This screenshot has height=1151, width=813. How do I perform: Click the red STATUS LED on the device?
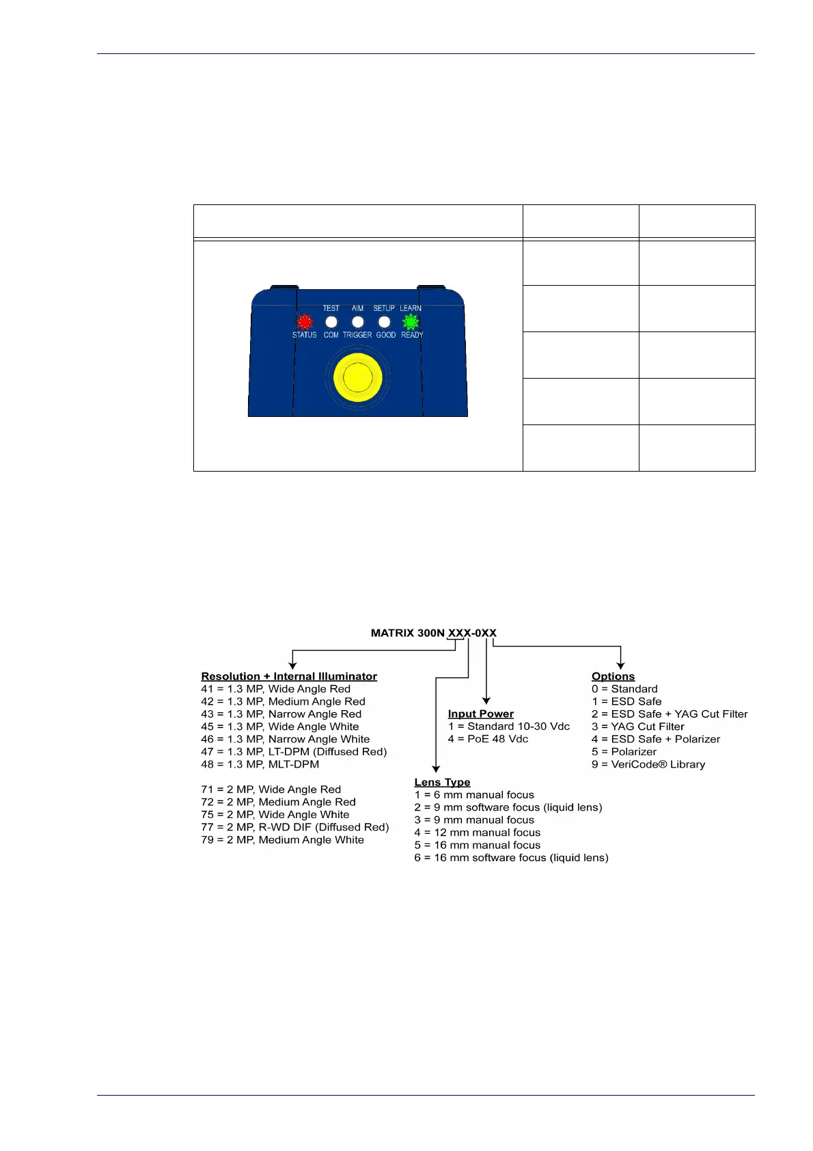(305, 321)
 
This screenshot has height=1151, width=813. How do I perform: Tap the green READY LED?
(411, 321)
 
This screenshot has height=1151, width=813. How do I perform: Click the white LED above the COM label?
(331, 321)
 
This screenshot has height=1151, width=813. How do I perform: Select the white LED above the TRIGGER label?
(357, 321)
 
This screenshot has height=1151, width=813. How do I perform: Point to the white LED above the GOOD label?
(384, 321)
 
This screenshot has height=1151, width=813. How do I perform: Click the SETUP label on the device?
(384, 308)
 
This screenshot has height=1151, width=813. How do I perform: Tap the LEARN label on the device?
(411, 308)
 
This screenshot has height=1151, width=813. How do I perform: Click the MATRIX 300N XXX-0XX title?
(433, 633)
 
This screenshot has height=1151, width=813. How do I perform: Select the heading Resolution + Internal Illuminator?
(289, 676)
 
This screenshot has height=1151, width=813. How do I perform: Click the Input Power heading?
(480, 714)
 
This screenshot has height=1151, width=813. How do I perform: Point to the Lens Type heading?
(442, 782)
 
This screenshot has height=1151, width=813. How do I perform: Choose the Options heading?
(613, 676)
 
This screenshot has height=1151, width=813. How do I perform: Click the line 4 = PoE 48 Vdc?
(488, 739)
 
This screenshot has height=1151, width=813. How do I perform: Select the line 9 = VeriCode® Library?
(648, 764)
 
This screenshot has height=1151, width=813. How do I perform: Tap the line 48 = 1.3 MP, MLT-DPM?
(260, 764)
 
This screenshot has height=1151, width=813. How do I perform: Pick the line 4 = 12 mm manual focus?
(477, 832)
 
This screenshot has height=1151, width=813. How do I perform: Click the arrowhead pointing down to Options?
(620, 665)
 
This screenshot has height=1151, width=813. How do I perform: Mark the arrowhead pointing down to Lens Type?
(436, 770)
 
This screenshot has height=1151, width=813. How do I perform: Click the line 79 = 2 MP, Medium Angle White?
(282, 840)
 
